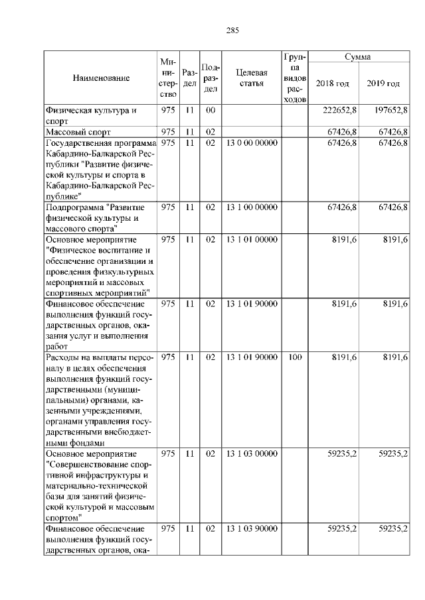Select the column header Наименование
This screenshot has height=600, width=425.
pos(101,78)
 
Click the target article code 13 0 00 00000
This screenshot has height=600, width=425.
pos(252,143)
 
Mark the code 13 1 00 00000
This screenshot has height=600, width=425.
pos(252,207)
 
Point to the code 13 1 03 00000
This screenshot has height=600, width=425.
pos(252,454)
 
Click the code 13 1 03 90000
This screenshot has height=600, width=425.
pos(252,528)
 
